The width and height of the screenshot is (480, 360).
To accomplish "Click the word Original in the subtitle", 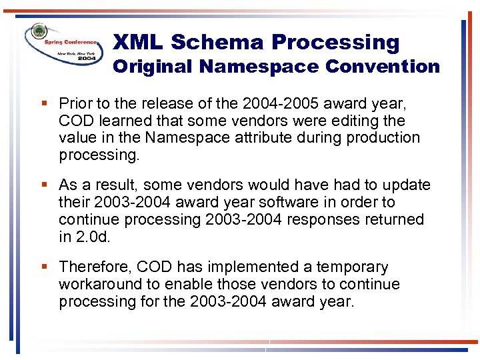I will [x=153, y=67].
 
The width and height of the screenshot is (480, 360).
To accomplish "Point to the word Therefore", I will [x=95, y=267].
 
